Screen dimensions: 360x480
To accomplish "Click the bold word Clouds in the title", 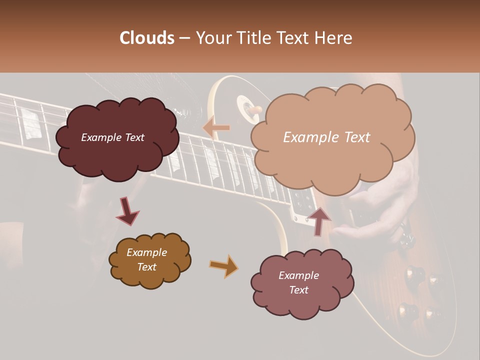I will pos(147,38).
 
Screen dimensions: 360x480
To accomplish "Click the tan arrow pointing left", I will pos(216,127).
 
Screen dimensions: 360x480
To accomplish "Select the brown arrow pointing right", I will pos(223,266).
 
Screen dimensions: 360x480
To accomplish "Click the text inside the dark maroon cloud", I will pos(112,137).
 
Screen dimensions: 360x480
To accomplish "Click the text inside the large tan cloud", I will pos(326,137).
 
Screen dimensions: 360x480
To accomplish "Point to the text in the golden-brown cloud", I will pos(147,259).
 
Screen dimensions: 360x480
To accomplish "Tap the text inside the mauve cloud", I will pos(298,282).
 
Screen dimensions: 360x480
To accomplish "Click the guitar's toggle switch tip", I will pos(256,109).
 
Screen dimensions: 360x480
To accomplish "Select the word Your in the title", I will pos(212,38).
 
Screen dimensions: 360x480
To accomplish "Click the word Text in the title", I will pos(295,38).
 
